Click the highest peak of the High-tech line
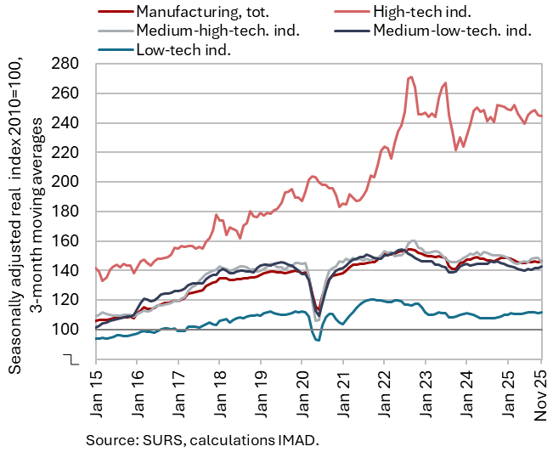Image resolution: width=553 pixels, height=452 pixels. click(x=411, y=77)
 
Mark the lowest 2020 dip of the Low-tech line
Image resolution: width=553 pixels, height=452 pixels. click(x=318, y=340)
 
